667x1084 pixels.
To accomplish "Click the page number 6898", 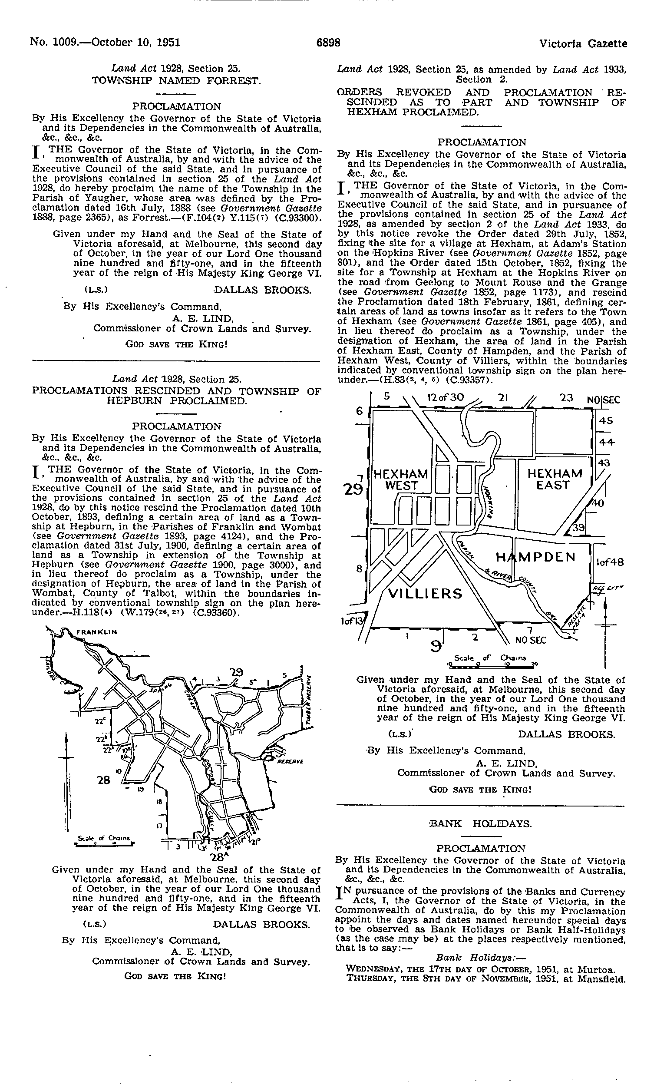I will point(329,43).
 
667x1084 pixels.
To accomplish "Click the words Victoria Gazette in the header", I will point(583,44).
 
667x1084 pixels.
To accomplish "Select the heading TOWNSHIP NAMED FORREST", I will point(176,81).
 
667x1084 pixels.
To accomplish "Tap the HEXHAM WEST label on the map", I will point(401,480).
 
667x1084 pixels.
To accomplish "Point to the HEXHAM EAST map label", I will point(555,479).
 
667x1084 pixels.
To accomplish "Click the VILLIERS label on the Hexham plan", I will point(425,594).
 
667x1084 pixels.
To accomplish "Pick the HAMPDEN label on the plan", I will point(535,558).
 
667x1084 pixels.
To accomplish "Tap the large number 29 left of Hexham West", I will point(354,489).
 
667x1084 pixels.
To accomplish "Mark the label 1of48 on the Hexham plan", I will point(610,562).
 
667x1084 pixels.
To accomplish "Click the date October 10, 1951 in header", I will point(133,43).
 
